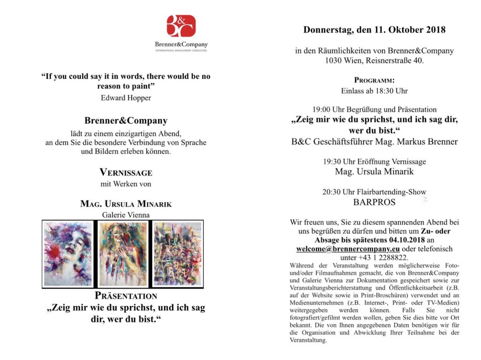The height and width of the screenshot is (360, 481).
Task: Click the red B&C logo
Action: coord(181,26)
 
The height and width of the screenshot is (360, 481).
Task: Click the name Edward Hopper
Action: coord(126,98)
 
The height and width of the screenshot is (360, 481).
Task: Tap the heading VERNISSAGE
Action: coord(126,172)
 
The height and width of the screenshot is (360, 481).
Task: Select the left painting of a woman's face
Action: coord(68,254)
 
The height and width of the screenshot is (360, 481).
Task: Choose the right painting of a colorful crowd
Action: coord(178,254)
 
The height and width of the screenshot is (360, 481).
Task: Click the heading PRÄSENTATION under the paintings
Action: coord(126,296)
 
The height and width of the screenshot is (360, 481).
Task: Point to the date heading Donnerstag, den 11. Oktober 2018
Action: coord(374,30)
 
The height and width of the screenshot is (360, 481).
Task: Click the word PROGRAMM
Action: coord(374,80)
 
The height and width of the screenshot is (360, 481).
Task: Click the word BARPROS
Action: coord(374,203)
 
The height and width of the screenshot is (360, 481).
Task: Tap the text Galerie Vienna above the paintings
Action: coord(126,215)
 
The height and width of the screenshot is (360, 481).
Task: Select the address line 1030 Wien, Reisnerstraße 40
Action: coord(374,61)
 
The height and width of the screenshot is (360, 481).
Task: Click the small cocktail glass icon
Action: coord(426,199)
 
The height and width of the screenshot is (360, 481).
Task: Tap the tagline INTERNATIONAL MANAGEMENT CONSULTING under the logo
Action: coord(181,51)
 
